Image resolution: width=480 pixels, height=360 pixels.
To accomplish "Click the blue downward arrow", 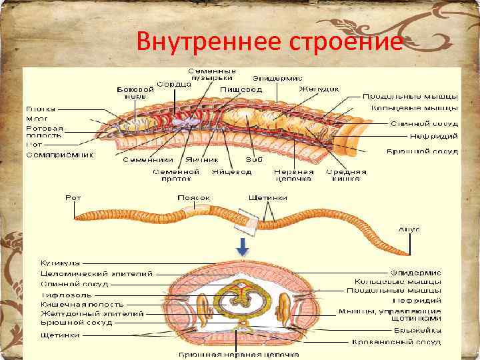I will point(243,247).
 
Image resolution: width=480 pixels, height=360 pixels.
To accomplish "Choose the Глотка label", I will point(41,108).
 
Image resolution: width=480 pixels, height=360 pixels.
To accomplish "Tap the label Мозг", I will point(37,118).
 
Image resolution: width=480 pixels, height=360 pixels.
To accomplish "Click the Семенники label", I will point(147,160).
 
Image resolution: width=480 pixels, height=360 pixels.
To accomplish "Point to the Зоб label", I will point(250,160).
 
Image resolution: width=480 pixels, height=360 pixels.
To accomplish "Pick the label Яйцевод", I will point(231,171).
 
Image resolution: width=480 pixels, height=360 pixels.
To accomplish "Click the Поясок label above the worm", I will point(193,198).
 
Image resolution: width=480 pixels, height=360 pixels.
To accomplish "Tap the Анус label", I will point(409,229).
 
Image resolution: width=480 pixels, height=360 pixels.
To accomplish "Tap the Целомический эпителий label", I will point(96,273).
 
